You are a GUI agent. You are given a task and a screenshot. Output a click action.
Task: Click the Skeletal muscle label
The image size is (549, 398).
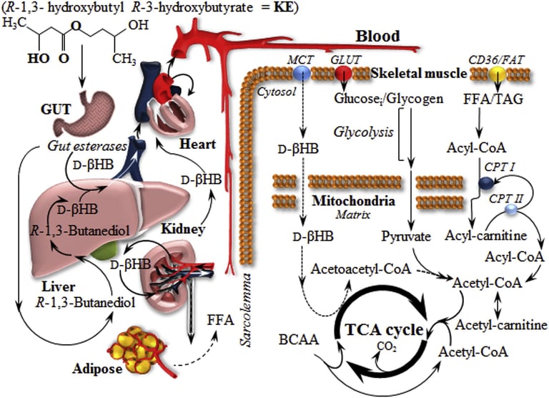click(415, 74)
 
